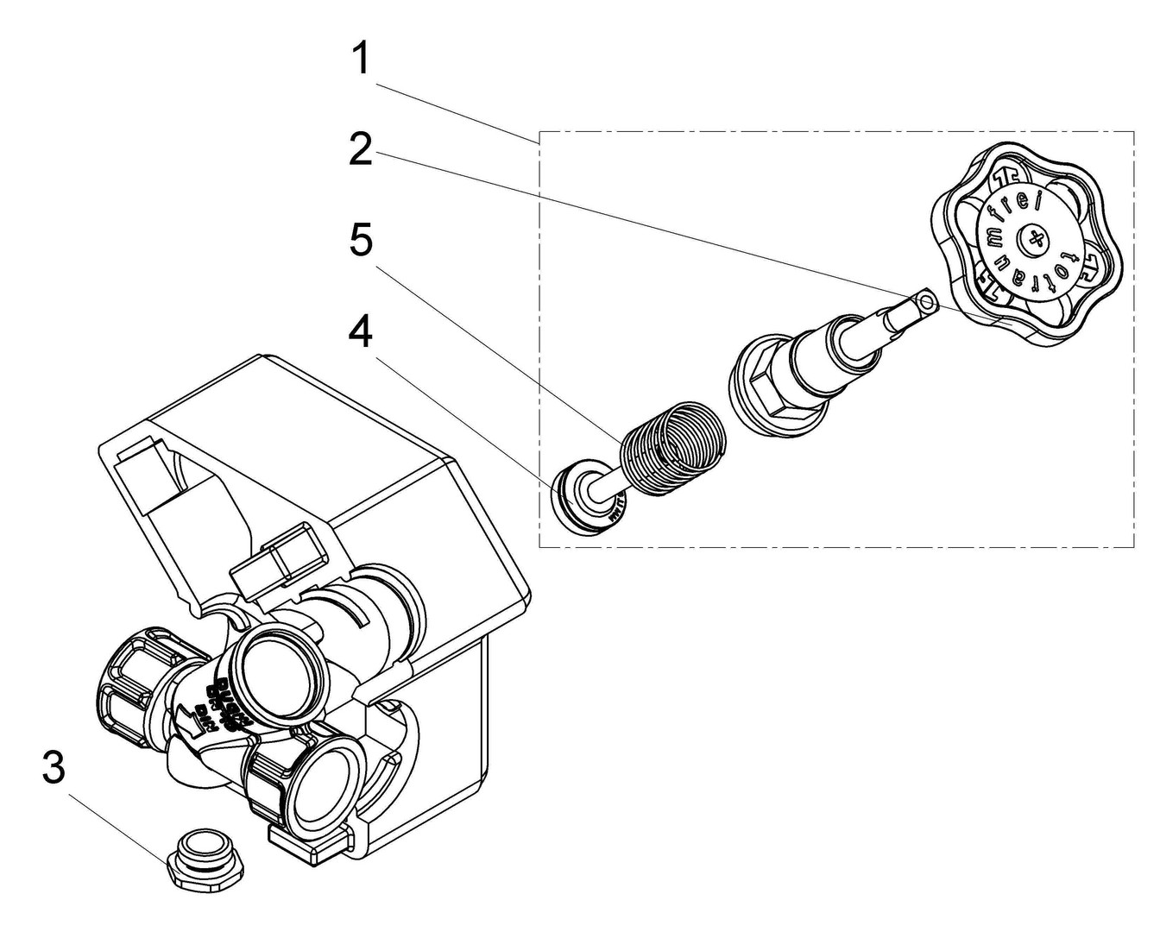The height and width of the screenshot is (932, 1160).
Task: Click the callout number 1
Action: (x=361, y=60)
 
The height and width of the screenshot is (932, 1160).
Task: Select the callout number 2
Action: (x=361, y=149)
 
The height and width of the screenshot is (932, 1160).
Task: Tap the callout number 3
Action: (x=54, y=767)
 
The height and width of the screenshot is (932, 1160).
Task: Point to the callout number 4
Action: (x=361, y=331)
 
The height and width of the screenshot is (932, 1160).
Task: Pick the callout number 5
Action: (x=361, y=240)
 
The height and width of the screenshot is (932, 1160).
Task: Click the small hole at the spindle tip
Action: (x=927, y=301)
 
